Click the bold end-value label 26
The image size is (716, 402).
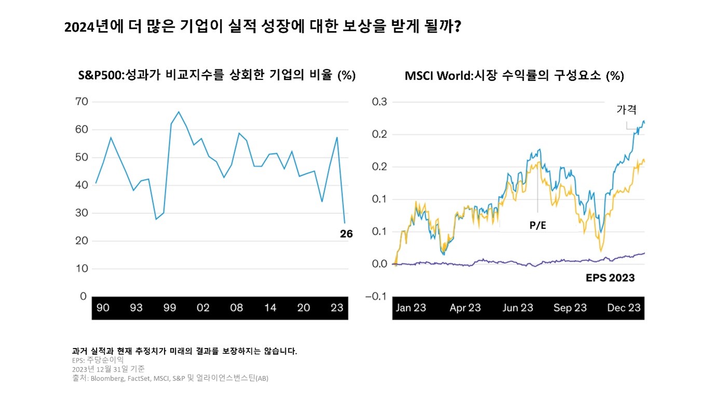346,234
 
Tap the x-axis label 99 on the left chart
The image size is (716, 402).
170,308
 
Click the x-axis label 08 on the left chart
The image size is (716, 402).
237,308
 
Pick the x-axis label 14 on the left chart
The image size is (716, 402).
270,308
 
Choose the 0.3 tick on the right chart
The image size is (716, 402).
379,102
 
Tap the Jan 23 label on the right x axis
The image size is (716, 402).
410,308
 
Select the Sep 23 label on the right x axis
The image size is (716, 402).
570,308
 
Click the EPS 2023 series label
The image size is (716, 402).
610,278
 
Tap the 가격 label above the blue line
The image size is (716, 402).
626,110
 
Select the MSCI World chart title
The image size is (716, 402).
514,76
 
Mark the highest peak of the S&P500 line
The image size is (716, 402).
178,112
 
